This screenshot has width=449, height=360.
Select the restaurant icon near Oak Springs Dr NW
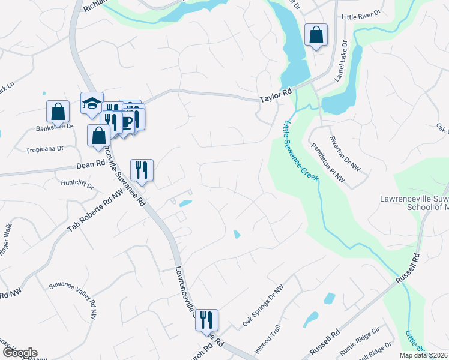[x=206, y=320]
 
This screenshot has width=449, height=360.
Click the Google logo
[x=20, y=353]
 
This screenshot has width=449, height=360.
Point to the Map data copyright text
[x=423, y=355]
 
